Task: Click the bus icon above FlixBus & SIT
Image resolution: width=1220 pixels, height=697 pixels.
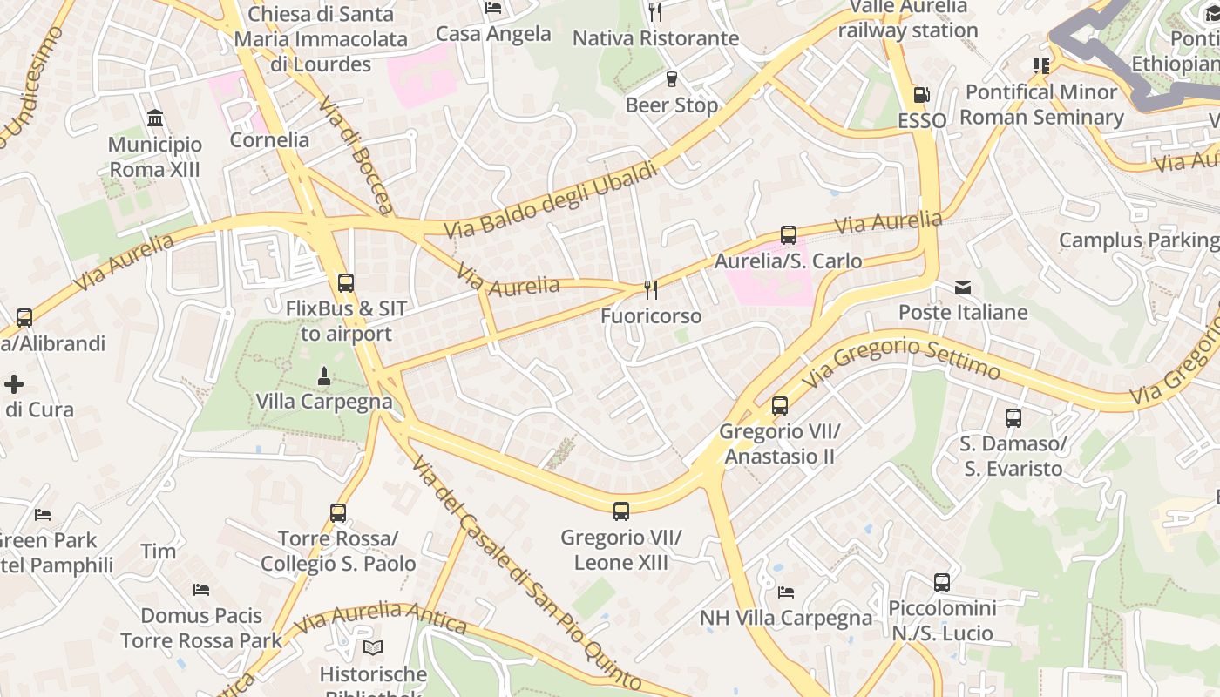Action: coord(346,282)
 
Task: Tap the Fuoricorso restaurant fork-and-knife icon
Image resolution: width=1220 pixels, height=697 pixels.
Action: coord(651,289)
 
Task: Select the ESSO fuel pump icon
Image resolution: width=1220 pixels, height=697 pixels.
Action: coord(922,95)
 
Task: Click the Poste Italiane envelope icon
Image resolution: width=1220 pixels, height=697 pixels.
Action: coord(963,287)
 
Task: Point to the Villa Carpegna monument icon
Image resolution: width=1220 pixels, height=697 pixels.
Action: coord(324,376)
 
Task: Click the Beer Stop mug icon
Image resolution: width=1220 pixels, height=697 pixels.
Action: coord(672,79)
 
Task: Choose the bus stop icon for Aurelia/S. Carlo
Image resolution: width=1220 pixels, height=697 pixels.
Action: coord(789,235)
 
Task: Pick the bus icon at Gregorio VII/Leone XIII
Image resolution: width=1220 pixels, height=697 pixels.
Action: coord(621,511)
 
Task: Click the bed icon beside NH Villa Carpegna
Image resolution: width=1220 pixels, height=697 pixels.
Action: coord(786,592)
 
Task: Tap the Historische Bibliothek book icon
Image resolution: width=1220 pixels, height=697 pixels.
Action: coord(373,648)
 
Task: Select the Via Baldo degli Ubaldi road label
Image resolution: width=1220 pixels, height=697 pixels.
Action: coord(552,201)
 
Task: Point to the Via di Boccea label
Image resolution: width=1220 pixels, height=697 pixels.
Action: coord(356,154)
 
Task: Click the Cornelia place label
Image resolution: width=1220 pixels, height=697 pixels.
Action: coord(269,140)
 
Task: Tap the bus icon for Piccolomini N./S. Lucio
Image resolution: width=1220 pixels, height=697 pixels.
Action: coord(942,583)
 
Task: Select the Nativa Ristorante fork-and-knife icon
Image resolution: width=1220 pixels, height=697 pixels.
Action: coord(655,12)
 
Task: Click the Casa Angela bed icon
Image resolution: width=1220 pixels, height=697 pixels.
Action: coord(493,9)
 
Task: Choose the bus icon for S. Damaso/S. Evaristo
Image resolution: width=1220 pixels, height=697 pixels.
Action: coord(1013,418)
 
